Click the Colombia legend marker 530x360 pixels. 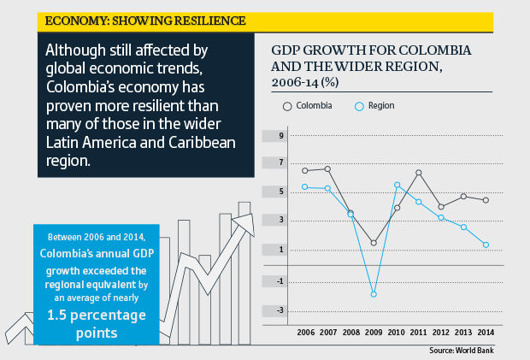click(x=288, y=106)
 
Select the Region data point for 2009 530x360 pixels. click(x=374, y=294)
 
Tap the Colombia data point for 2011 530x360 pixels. click(x=419, y=173)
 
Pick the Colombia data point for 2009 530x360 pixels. click(x=374, y=243)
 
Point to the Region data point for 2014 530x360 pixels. click(x=486, y=245)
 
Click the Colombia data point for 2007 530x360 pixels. click(x=327, y=169)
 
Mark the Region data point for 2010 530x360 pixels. click(x=397, y=185)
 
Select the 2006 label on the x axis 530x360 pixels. click(x=305, y=332)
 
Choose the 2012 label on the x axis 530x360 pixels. click(x=441, y=332)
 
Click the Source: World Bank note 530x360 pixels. click(x=462, y=350)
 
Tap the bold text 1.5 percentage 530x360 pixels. click(x=96, y=315)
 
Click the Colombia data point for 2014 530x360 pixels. click(x=486, y=200)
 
